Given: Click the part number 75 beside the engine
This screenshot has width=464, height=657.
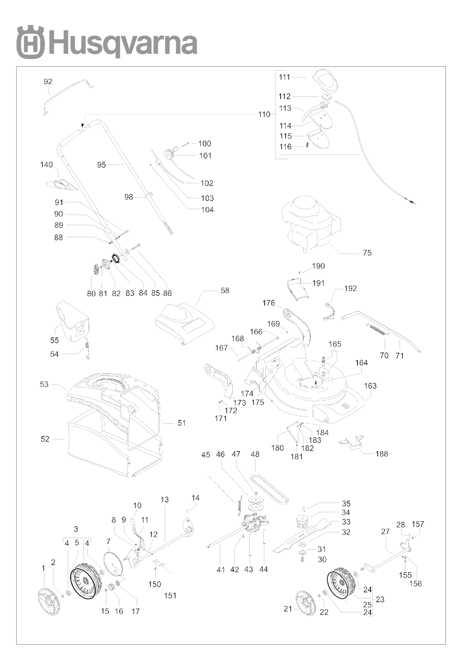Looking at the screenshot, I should click(367, 253).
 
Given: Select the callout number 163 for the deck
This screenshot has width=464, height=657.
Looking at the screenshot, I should click(370, 386).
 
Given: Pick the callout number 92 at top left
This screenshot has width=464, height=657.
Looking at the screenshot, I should click(48, 82).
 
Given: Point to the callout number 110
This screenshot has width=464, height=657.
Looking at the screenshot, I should click(264, 114).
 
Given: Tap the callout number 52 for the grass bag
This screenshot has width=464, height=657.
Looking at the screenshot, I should click(45, 439).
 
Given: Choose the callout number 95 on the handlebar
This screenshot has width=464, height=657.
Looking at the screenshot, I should click(101, 165).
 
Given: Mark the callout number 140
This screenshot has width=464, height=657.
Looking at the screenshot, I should click(47, 165).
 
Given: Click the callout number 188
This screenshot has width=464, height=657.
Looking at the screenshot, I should click(382, 454).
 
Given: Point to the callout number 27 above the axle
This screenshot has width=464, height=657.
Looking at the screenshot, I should click(385, 532).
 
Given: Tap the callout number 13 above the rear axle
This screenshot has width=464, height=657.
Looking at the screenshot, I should click(164, 500).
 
